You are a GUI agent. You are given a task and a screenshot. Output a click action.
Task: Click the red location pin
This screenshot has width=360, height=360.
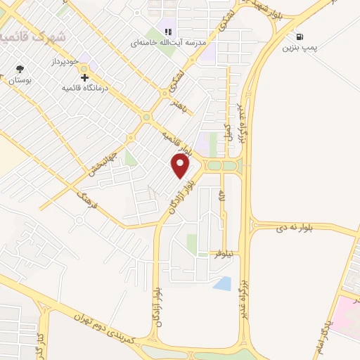[x=181, y=165]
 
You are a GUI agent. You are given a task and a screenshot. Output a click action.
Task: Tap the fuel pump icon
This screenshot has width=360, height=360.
[x=301, y=37]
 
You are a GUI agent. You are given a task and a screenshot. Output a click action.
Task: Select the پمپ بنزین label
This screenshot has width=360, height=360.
[x=297, y=49]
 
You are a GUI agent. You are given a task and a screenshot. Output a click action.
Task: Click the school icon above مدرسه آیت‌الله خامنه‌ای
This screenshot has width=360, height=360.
[x=168, y=31]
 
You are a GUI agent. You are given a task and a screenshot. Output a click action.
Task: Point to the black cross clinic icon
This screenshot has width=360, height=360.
[x=84, y=77]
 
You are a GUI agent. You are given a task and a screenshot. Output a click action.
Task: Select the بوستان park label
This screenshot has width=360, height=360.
[x=21, y=82]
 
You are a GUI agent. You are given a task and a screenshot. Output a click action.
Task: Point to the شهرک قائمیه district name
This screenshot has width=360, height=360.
[x=32, y=37]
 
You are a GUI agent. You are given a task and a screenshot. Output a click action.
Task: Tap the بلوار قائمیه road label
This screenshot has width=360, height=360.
[x=176, y=141]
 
